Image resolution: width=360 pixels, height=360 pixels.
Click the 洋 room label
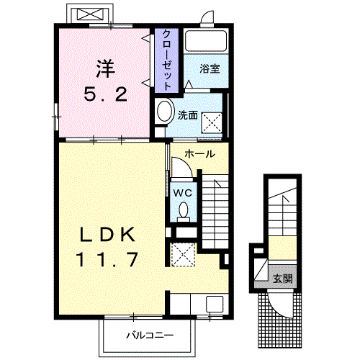click(106, 68)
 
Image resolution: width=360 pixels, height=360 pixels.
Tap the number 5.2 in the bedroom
click(106, 94)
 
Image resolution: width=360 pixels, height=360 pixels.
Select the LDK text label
click(107, 234)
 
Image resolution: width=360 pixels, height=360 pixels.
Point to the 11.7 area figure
click(107, 259)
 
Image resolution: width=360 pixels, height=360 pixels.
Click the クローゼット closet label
click(167, 60)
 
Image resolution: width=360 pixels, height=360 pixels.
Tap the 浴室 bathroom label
click(210, 69)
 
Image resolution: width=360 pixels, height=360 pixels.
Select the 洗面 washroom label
click(188, 115)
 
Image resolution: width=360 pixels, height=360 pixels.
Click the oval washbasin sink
click(165, 112)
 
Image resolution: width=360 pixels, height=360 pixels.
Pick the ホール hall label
click(199, 154)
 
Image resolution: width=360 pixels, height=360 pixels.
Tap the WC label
click(183, 193)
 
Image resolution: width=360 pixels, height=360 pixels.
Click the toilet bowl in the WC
click(184, 210)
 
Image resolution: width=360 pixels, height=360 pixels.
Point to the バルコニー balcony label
click(150, 336)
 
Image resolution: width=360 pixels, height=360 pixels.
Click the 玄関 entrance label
click(283, 279)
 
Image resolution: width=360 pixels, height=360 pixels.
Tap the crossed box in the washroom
click(212, 122)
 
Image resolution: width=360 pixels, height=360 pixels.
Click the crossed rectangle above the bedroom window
click(90, 14)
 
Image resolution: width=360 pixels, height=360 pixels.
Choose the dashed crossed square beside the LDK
click(182, 255)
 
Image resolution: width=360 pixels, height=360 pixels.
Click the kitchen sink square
click(215, 304)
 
